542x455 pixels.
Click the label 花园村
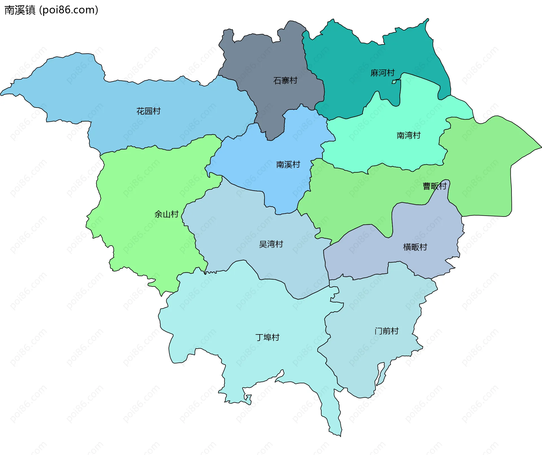[x=148, y=111]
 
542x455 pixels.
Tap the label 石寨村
[x=285, y=81]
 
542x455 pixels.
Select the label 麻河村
[x=383, y=73]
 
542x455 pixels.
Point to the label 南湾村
[x=408, y=135]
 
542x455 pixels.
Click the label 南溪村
[x=288, y=165]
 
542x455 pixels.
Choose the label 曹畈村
[x=434, y=186]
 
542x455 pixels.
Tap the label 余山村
[x=167, y=214]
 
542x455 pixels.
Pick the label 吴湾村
[x=271, y=244]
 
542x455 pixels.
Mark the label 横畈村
[x=415, y=247]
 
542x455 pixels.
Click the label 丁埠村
[x=267, y=337]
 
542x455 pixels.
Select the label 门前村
[x=386, y=331]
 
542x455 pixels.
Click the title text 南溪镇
[x=20, y=10]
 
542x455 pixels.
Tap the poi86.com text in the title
[x=69, y=10]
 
